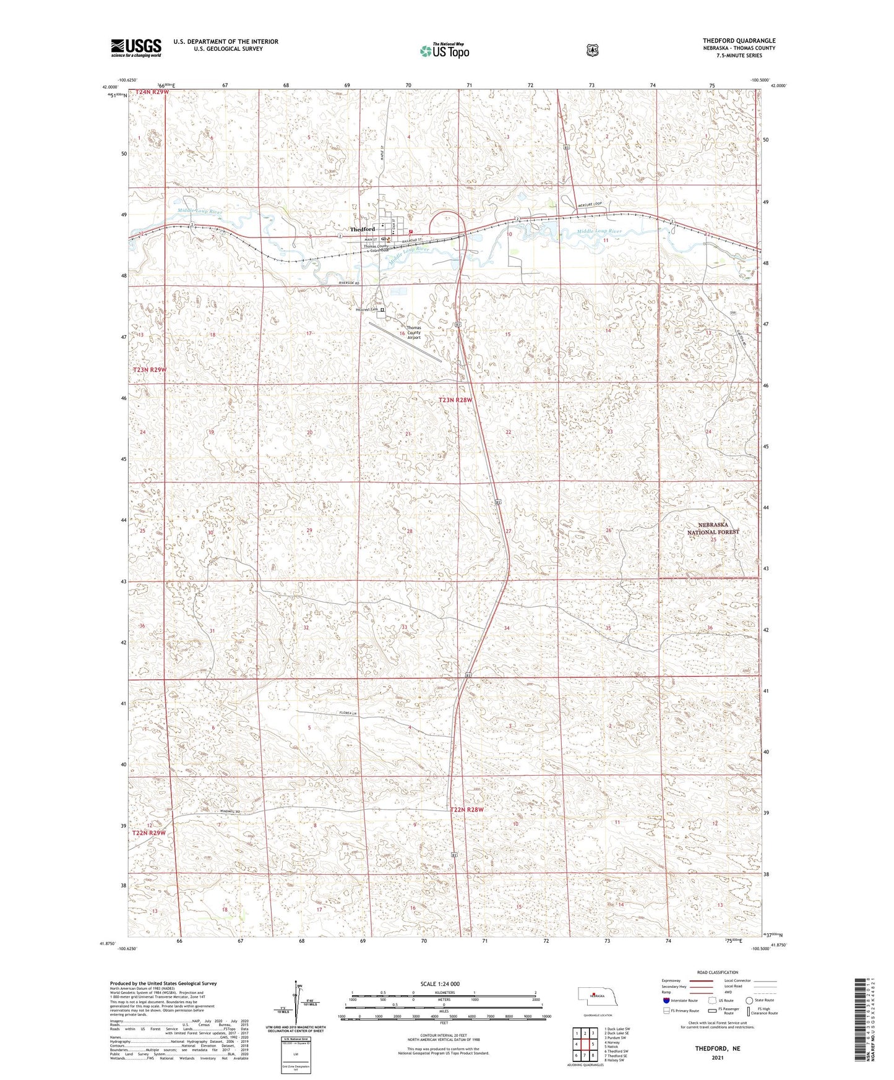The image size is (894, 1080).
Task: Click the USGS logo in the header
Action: (x=136, y=47)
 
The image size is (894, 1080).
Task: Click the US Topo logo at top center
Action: (x=444, y=51)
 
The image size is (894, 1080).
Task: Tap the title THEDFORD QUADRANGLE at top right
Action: (x=739, y=41)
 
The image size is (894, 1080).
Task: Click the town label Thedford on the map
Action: (x=363, y=229)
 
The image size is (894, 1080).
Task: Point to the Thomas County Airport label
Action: (x=413, y=333)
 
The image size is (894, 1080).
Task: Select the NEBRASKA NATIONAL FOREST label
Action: (x=713, y=528)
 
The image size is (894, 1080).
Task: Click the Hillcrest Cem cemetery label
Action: (x=366, y=310)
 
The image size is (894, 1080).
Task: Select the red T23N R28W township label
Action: (x=455, y=400)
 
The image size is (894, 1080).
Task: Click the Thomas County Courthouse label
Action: (x=376, y=248)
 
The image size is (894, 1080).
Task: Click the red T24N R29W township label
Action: (x=152, y=92)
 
